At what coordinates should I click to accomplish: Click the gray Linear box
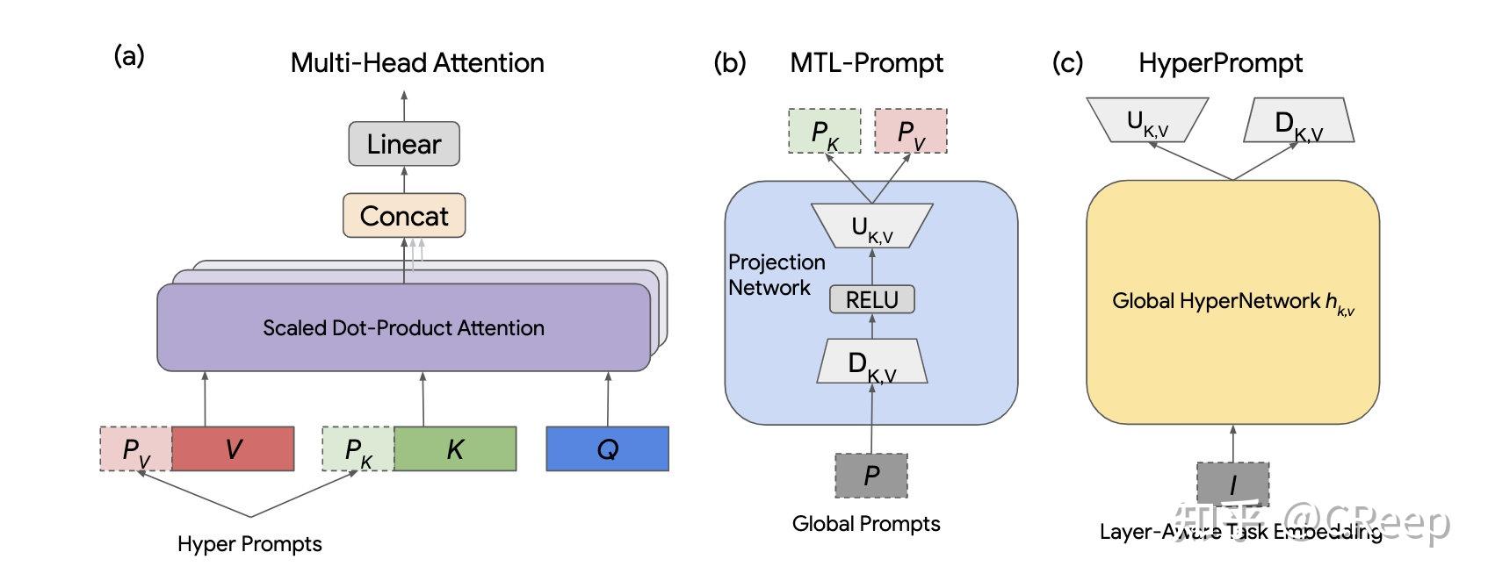(x=404, y=144)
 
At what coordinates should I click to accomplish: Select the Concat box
(x=404, y=216)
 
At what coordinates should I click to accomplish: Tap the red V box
(x=233, y=448)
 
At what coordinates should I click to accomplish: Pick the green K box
(x=455, y=448)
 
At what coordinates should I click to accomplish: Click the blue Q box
(x=607, y=448)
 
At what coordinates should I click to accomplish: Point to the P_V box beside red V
(x=136, y=448)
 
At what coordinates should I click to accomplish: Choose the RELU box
(x=871, y=299)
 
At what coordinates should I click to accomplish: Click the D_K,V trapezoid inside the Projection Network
(x=871, y=362)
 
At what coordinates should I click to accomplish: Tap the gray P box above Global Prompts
(x=870, y=475)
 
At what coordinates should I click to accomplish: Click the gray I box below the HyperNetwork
(x=1232, y=484)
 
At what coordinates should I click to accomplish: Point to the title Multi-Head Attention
(x=417, y=63)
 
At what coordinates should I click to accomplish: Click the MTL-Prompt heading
(x=866, y=63)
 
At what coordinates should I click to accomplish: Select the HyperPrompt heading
(x=1220, y=63)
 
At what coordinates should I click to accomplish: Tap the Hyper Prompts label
(x=249, y=544)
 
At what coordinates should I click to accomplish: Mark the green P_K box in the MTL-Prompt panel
(x=824, y=132)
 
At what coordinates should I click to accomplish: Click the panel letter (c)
(x=1067, y=63)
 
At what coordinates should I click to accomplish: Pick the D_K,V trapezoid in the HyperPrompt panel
(x=1298, y=121)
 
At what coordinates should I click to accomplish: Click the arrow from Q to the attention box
(x=608, y=398)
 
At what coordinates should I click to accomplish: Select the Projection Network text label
(x=776, y=275)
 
